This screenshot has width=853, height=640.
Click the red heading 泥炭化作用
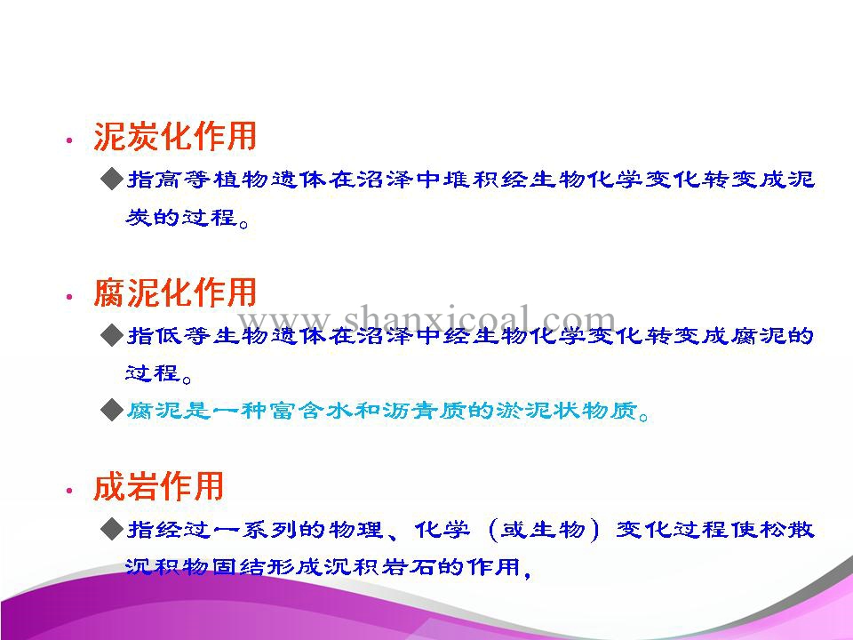pyautogui.click(x=175, y=135)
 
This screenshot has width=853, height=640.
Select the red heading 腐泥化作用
pyautogui.click(x=175, y=292)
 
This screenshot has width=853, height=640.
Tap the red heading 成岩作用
pyautogui.click(x=158, y=486)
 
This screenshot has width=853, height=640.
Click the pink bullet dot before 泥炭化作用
pyautogui.click(x=69, y=140)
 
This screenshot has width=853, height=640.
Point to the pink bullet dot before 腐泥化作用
pyautogui.click(x=69, y=297)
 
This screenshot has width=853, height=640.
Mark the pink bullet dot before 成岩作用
pyautogui.click(x=69, y=491)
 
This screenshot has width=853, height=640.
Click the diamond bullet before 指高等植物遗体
pyautogui.click(x=112, y=179)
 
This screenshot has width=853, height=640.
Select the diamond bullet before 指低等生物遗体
pyautogui.click(x=112, y=335)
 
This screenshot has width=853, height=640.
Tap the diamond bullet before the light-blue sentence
pyautogui.click(x=112, y=409)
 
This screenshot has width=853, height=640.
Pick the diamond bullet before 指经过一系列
pyautogui.click(x=112, y=529)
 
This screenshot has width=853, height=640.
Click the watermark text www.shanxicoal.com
pyautogui.click(x=426, y=319)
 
